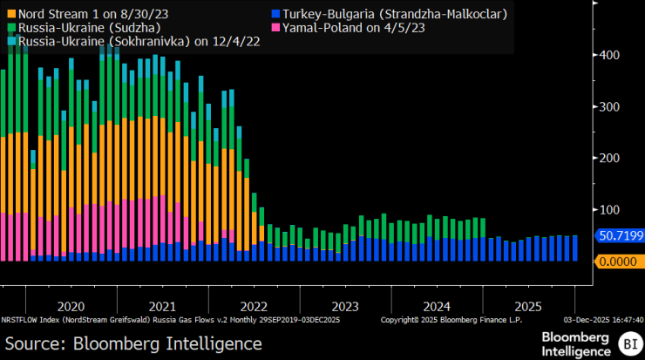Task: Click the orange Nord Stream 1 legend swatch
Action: [10, 13]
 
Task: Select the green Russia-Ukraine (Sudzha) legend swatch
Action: [10, 27]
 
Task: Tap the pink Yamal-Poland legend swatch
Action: [275, 27]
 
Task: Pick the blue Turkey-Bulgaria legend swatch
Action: [275, 13]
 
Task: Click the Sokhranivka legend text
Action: [121, 41]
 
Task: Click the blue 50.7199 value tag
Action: [619, 235]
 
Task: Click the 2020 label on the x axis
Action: [71, 307]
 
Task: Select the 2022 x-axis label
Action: [254, 307]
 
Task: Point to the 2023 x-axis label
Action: [345, 307]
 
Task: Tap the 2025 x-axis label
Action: [528, 307]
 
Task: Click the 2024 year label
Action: [437, 307]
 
